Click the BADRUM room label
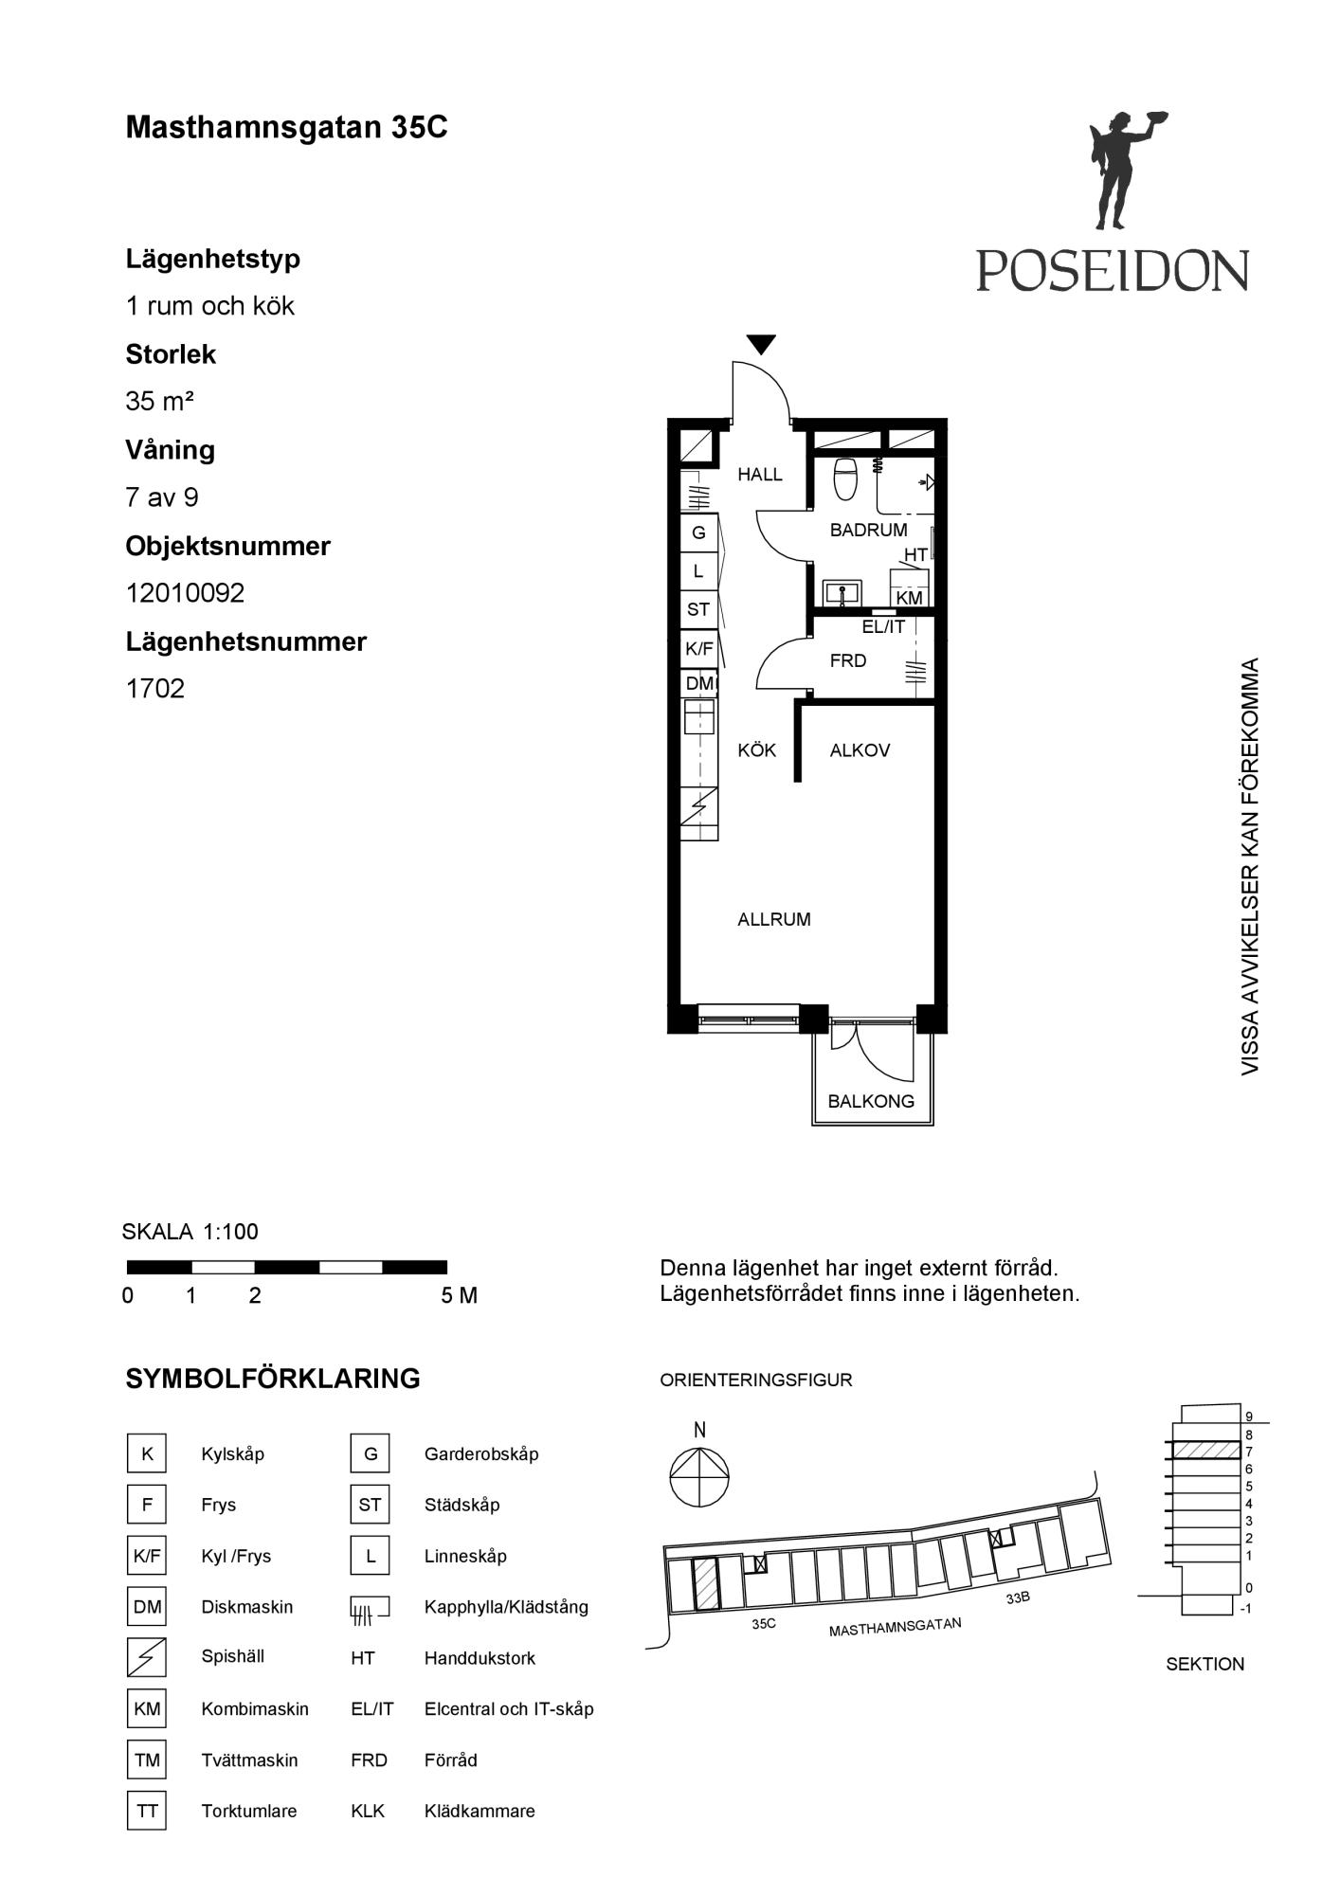pyautogui.click(x=868, y=530)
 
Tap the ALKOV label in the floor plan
pyautogui.click(x=860, y=750)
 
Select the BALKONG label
pyautogui.click(x=871, y=1101)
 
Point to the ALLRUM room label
pyautogui.click(x=774, y=919)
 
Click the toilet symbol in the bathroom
pyautogui.click(x=845, y=478)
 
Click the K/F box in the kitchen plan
pyautogui.click(x=699, y=649)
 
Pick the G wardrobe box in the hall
pyautogui.click(x=699, y=532)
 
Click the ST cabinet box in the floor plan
pyautogui.click(x=699, y=610)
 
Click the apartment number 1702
pyautogui.click(x=155, y=689)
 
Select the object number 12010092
pyautogui.click(x=186, y=593)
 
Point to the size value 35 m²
pyautogui.click(x=160, y=402)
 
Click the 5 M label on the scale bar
pyautogui.click(x=460, y=1295)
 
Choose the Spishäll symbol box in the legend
pyautogui.click(x=147, y=1657)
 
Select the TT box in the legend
pyautogui.click(x=147, y=1811)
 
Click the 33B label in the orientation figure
pyautogui.click(x=1018, y=1597)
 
